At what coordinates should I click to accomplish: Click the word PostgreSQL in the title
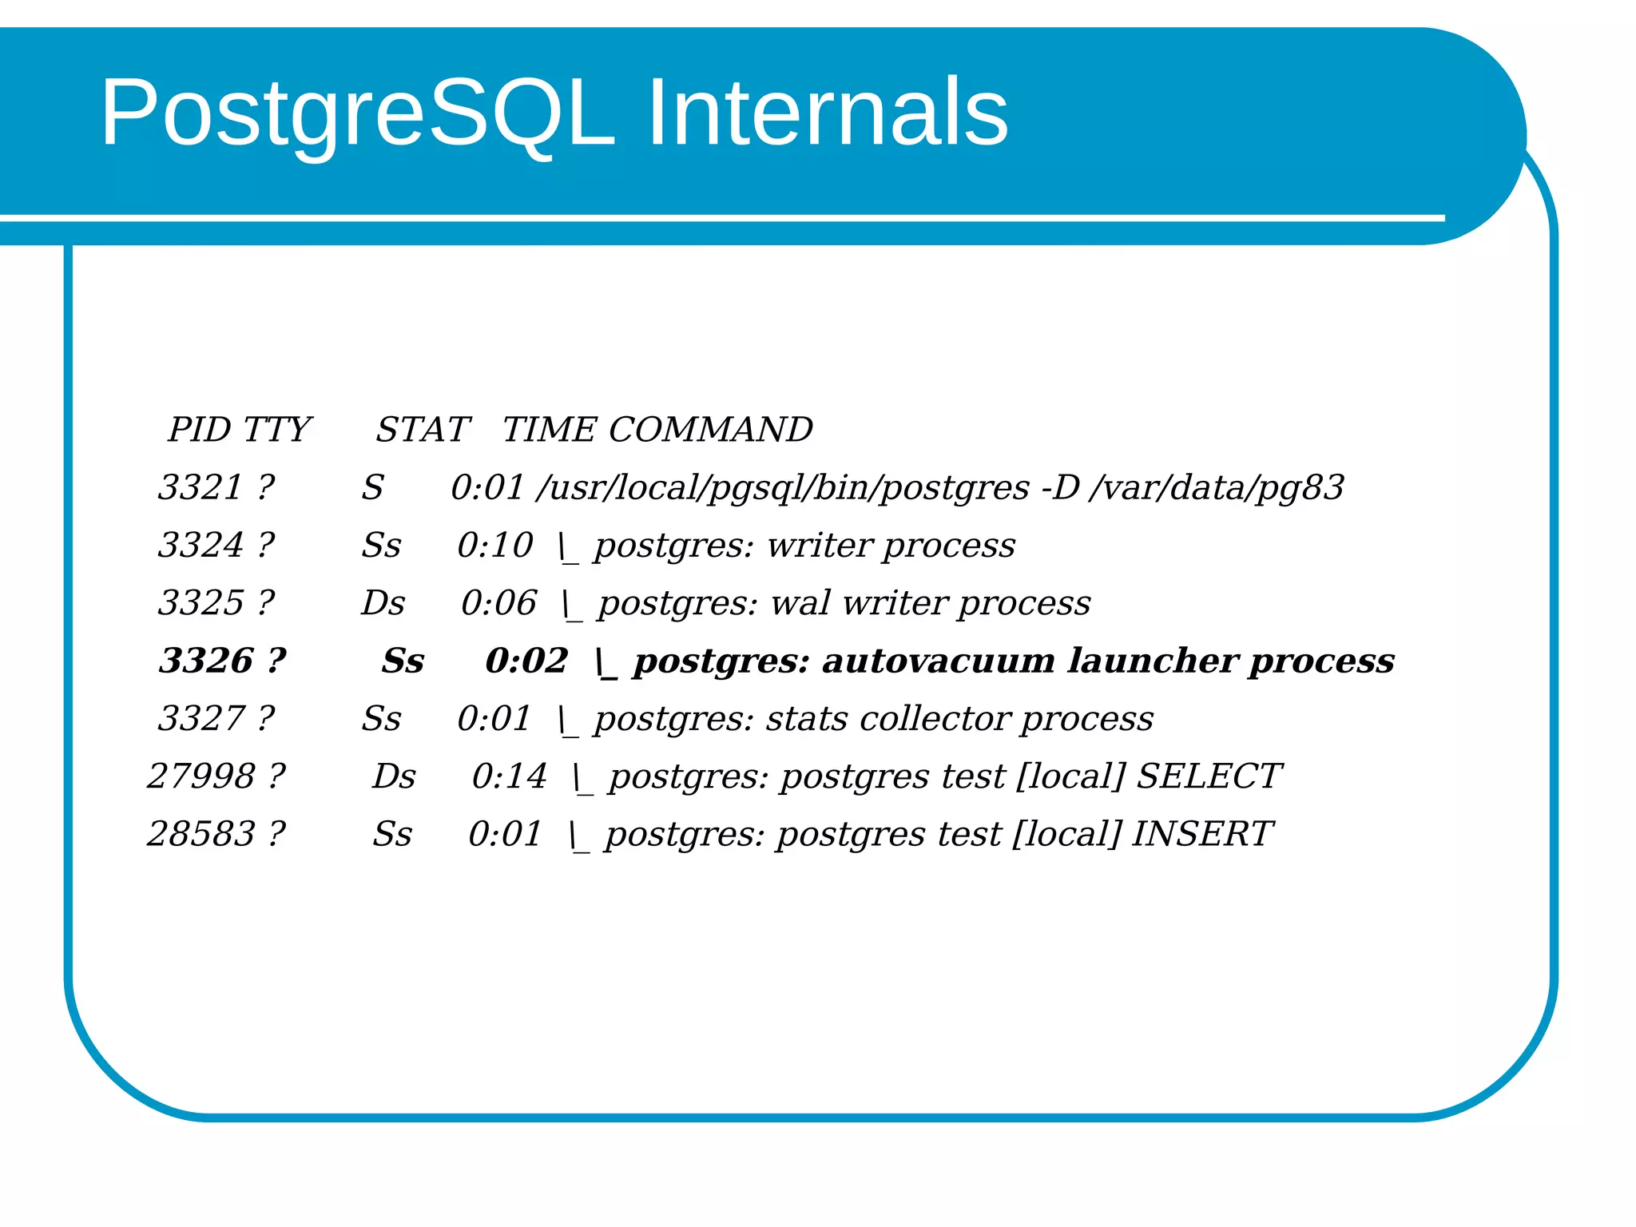tap(357, 113)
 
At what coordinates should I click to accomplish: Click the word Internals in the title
tap(827, 113)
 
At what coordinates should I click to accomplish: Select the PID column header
tap(200, 430)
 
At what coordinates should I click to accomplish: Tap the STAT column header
tap(423, 430)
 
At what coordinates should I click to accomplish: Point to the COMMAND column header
tap(710, 430)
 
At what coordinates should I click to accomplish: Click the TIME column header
tap(550, 430)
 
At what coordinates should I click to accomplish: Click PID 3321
tap(200, 487)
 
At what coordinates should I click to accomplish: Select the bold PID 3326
tap(205, 661)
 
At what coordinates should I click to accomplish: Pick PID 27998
tap(201, 776)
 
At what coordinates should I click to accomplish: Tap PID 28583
tap(201, 834)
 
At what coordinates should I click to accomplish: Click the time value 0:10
tap(494, 546)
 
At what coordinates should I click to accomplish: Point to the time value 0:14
tap(509, 776)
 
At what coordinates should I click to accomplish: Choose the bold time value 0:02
tap(526, 661)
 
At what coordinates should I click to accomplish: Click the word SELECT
tap(1208, 776)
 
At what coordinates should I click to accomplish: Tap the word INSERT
tap(1201, 834)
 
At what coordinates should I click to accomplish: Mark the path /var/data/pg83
tap(1216, 487)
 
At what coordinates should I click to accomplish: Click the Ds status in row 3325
tap(383, 603)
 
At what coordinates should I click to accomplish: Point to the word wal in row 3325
tap(800, 603)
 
